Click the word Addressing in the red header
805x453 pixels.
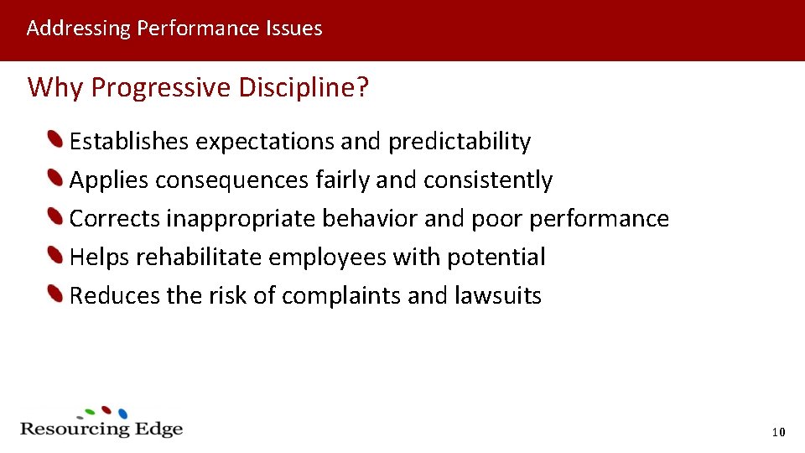tap(78, 29)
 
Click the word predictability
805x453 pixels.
tap(459, 142)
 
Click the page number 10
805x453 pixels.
tap(777, 432)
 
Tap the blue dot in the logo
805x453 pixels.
tap(122, 414)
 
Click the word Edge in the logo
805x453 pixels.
tap(158, 429)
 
